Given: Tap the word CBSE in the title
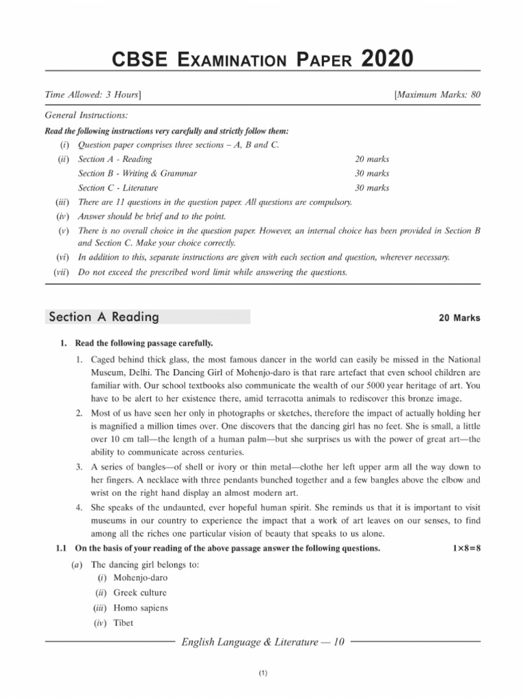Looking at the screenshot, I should [139, 61].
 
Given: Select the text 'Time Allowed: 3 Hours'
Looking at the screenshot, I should [93, 94].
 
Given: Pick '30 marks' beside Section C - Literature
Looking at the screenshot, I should [372, 188].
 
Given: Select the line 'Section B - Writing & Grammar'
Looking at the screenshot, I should [137, 174].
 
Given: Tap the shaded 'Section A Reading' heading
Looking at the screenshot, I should [104, 317].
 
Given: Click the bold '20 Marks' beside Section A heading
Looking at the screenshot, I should [459, 318].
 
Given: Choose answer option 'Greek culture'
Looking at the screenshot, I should [140, 593].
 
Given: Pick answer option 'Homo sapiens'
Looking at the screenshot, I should [141, 608].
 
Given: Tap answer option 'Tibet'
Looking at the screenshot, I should [124, 623].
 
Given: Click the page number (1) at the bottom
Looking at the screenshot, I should [262, 674].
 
